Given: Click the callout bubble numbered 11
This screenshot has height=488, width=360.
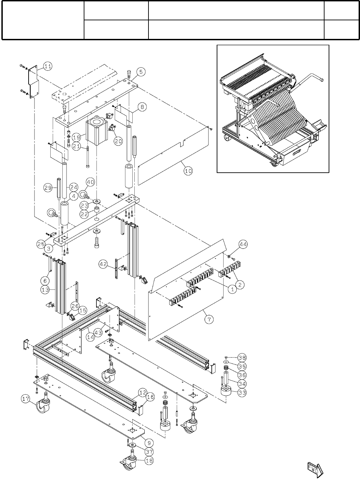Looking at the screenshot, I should [48, 66].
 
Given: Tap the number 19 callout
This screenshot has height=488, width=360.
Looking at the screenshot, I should [77, 137].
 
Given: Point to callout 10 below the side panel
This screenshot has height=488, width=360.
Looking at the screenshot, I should [188, 171].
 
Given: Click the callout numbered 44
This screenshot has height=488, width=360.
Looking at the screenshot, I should [243, 245].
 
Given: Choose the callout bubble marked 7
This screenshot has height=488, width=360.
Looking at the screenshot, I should [208, 320].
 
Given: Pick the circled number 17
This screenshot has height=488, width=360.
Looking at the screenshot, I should [25, 399].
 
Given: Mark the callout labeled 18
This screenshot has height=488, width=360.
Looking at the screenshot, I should [149, 461].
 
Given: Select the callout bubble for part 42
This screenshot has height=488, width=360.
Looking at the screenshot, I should [103, 264].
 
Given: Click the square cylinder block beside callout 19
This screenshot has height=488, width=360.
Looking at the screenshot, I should [97, 131].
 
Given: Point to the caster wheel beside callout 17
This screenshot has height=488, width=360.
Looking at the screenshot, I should [43, 405].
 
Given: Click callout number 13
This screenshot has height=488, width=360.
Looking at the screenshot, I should [45, 290].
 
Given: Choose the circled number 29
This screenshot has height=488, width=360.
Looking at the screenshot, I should [48, 188].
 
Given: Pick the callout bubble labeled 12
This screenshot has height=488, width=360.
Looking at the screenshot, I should [143, 392].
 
